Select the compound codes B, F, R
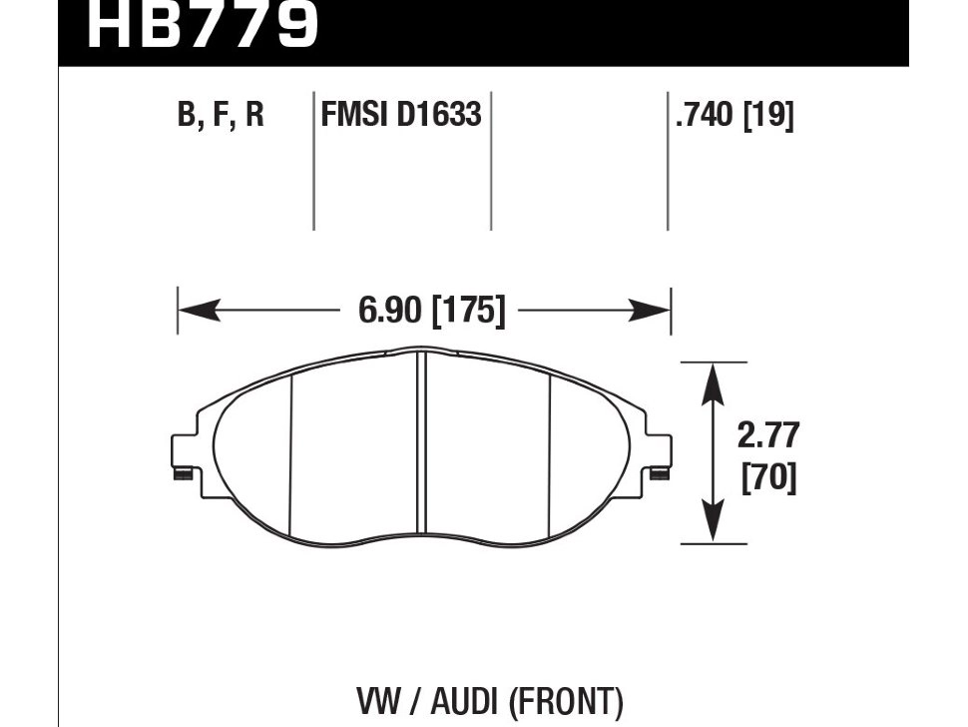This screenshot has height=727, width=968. coord(221,116)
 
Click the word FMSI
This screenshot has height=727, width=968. coord(354,116)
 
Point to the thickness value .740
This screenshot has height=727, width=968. coord(704,116)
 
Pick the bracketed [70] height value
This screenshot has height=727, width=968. coord(768,479)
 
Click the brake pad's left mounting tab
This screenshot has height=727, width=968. coord(185,454)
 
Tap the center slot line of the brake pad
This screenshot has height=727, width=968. coord(420,449)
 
